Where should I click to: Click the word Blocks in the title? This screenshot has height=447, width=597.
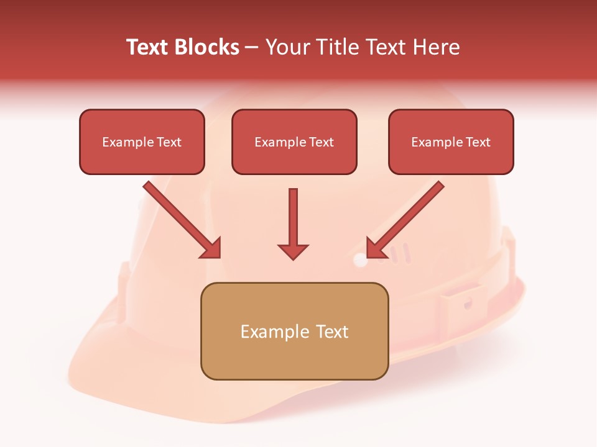point(208,47)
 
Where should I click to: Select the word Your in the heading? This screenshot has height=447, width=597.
point(287,47)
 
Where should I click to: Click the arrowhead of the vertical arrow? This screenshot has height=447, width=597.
point(293,251)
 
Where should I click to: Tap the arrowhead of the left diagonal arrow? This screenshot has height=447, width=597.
point(211,248)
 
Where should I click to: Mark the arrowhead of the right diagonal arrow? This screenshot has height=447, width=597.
point(375,248)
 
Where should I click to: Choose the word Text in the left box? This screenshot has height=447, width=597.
point(169,142)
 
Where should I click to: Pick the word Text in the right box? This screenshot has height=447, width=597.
point(478,142)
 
